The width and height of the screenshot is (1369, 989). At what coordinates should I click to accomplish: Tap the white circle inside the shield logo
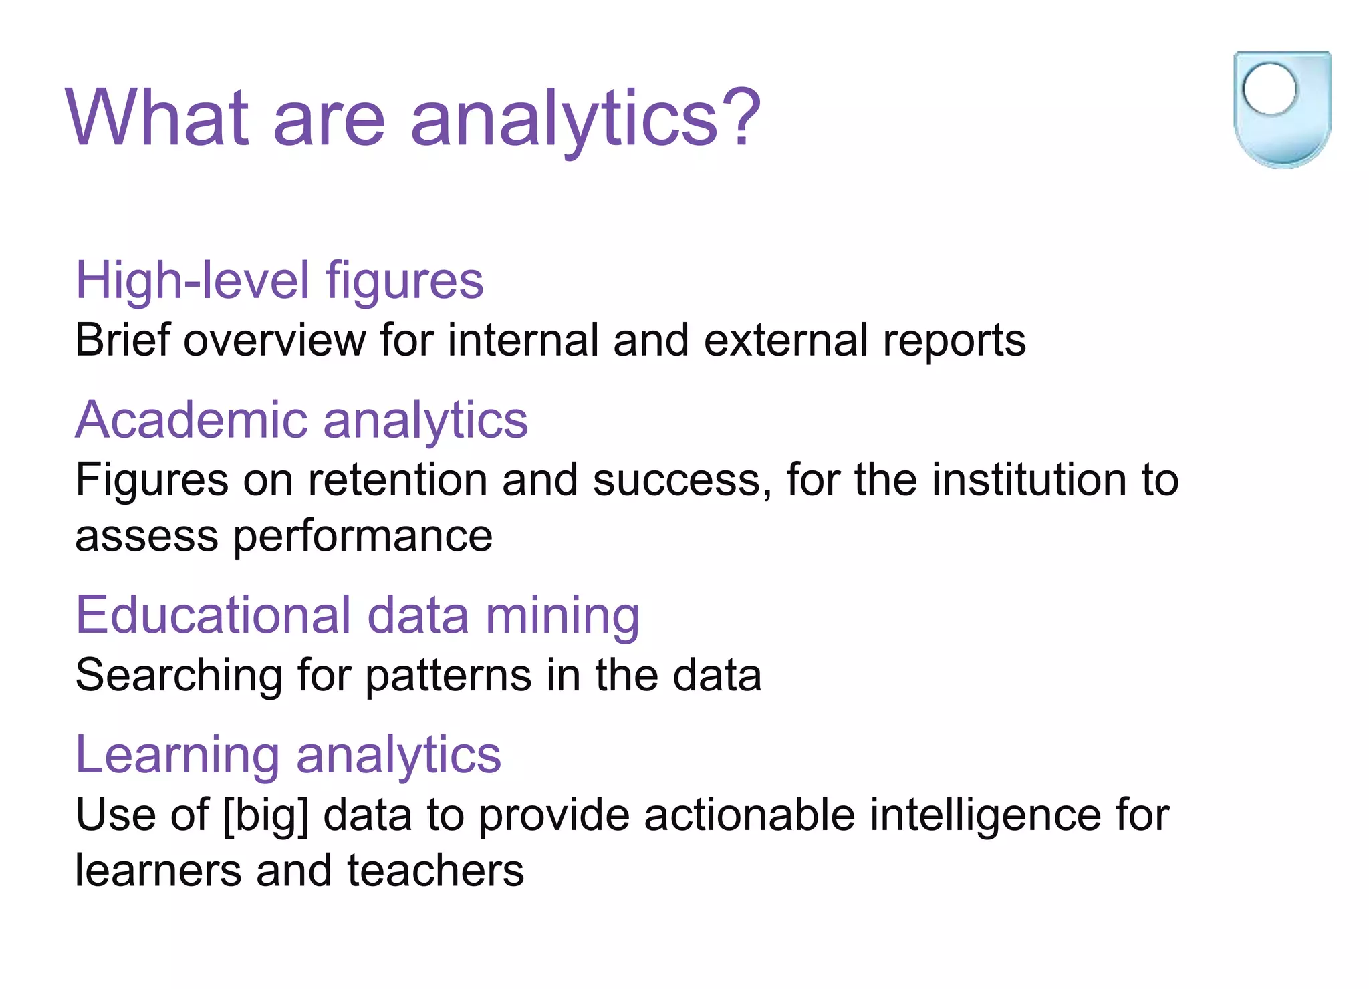point(1269,89)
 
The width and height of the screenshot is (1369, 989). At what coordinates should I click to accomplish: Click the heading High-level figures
point(279,281)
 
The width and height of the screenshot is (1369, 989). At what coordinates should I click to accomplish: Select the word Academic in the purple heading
point(191,420)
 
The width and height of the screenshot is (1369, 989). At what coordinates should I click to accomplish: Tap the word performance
point(362,537)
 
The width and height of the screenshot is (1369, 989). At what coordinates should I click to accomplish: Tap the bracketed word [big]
point(266,816)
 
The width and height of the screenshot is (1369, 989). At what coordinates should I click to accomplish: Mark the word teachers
point(435,871)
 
